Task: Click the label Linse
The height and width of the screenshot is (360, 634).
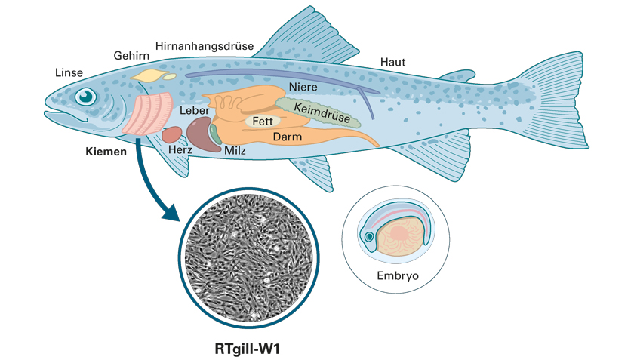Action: [x=69, y=72]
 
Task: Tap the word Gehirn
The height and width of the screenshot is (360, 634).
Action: [x=131, y=55]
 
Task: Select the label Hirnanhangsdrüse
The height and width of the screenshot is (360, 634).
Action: [x=205, y=46]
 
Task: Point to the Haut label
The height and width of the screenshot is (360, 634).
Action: [x=392, y=63]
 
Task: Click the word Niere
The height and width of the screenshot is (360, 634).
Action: [x=303, y=87]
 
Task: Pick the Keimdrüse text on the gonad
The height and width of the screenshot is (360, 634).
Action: [x=322, y=112]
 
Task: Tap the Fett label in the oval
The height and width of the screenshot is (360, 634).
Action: [x=263, y=121]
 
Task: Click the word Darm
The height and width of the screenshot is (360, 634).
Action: [x=288, y=137]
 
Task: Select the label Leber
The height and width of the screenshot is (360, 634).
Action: [x=195, y=110]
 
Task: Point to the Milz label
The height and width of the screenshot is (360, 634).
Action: [x=235, y=151]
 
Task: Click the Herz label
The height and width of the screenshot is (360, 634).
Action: [x=180, y=149]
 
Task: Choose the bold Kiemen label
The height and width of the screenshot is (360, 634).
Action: [x=106, y=152]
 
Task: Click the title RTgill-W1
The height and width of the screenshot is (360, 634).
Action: [x=247, y=349]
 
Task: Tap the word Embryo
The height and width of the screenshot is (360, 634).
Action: [x=398, y=276]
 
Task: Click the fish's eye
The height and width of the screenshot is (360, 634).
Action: [x=86, y=97]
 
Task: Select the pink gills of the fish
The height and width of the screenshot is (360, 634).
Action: [x=148, y=114]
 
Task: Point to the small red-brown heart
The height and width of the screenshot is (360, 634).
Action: [x=172, y=134]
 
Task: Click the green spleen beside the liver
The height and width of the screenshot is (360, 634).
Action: [x=215, y=134]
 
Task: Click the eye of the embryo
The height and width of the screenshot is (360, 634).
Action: [x=369, y=237]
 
